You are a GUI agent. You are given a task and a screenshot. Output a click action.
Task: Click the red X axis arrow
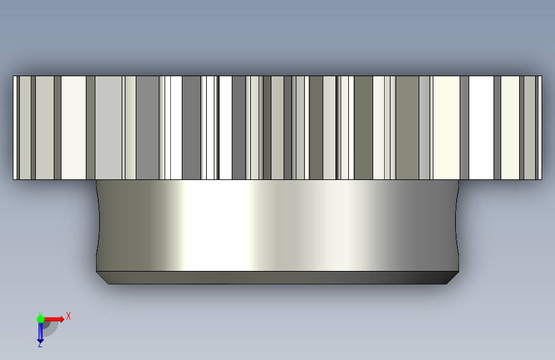click(x=54, y=319)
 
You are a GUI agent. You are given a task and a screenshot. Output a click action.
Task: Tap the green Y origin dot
click(x=40, y=319)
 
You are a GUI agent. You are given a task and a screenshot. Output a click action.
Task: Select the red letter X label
click(x=68, y=316)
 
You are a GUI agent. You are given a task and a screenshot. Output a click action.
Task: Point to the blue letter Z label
click(x=40, y=344)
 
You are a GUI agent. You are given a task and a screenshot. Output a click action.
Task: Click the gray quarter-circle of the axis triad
click(x=50, y=329)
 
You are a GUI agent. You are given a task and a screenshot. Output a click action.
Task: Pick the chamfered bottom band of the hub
click(x=278, y=278)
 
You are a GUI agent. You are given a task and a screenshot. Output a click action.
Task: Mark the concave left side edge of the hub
click(x=98, y=225)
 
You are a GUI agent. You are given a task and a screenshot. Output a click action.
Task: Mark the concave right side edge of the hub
click(x=456, y=225)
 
